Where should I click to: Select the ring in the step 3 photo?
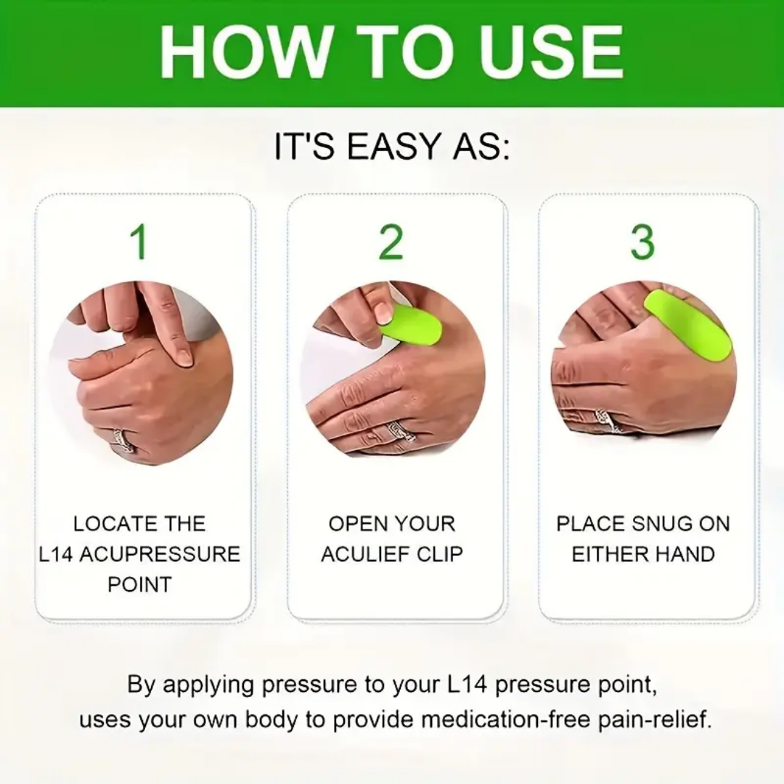pos(605,419)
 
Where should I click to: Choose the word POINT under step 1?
pos(139,584)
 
